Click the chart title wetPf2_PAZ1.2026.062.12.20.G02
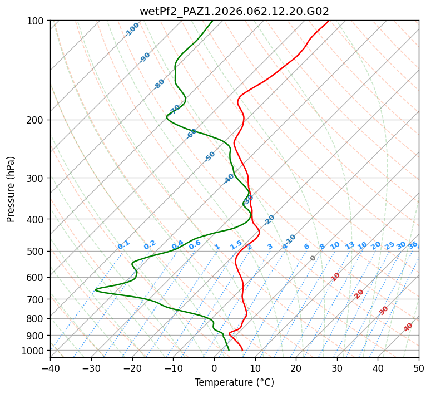[234, 11]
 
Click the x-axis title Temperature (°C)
[234, 383]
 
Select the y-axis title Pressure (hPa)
[11, 189]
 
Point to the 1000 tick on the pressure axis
[36, 351]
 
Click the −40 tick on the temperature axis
[50, 368]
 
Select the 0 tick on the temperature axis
[214, 368]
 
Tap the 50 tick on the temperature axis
[419, 368]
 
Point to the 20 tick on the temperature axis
[296, 368]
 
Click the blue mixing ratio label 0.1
[123, 244]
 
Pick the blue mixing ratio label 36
[413, 245]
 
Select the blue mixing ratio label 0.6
[195, 245]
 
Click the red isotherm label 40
[408, 327]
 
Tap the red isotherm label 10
[335, 277]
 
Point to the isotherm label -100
[132, 29]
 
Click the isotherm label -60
[192, 134]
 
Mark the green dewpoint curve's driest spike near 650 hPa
[96, 290]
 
